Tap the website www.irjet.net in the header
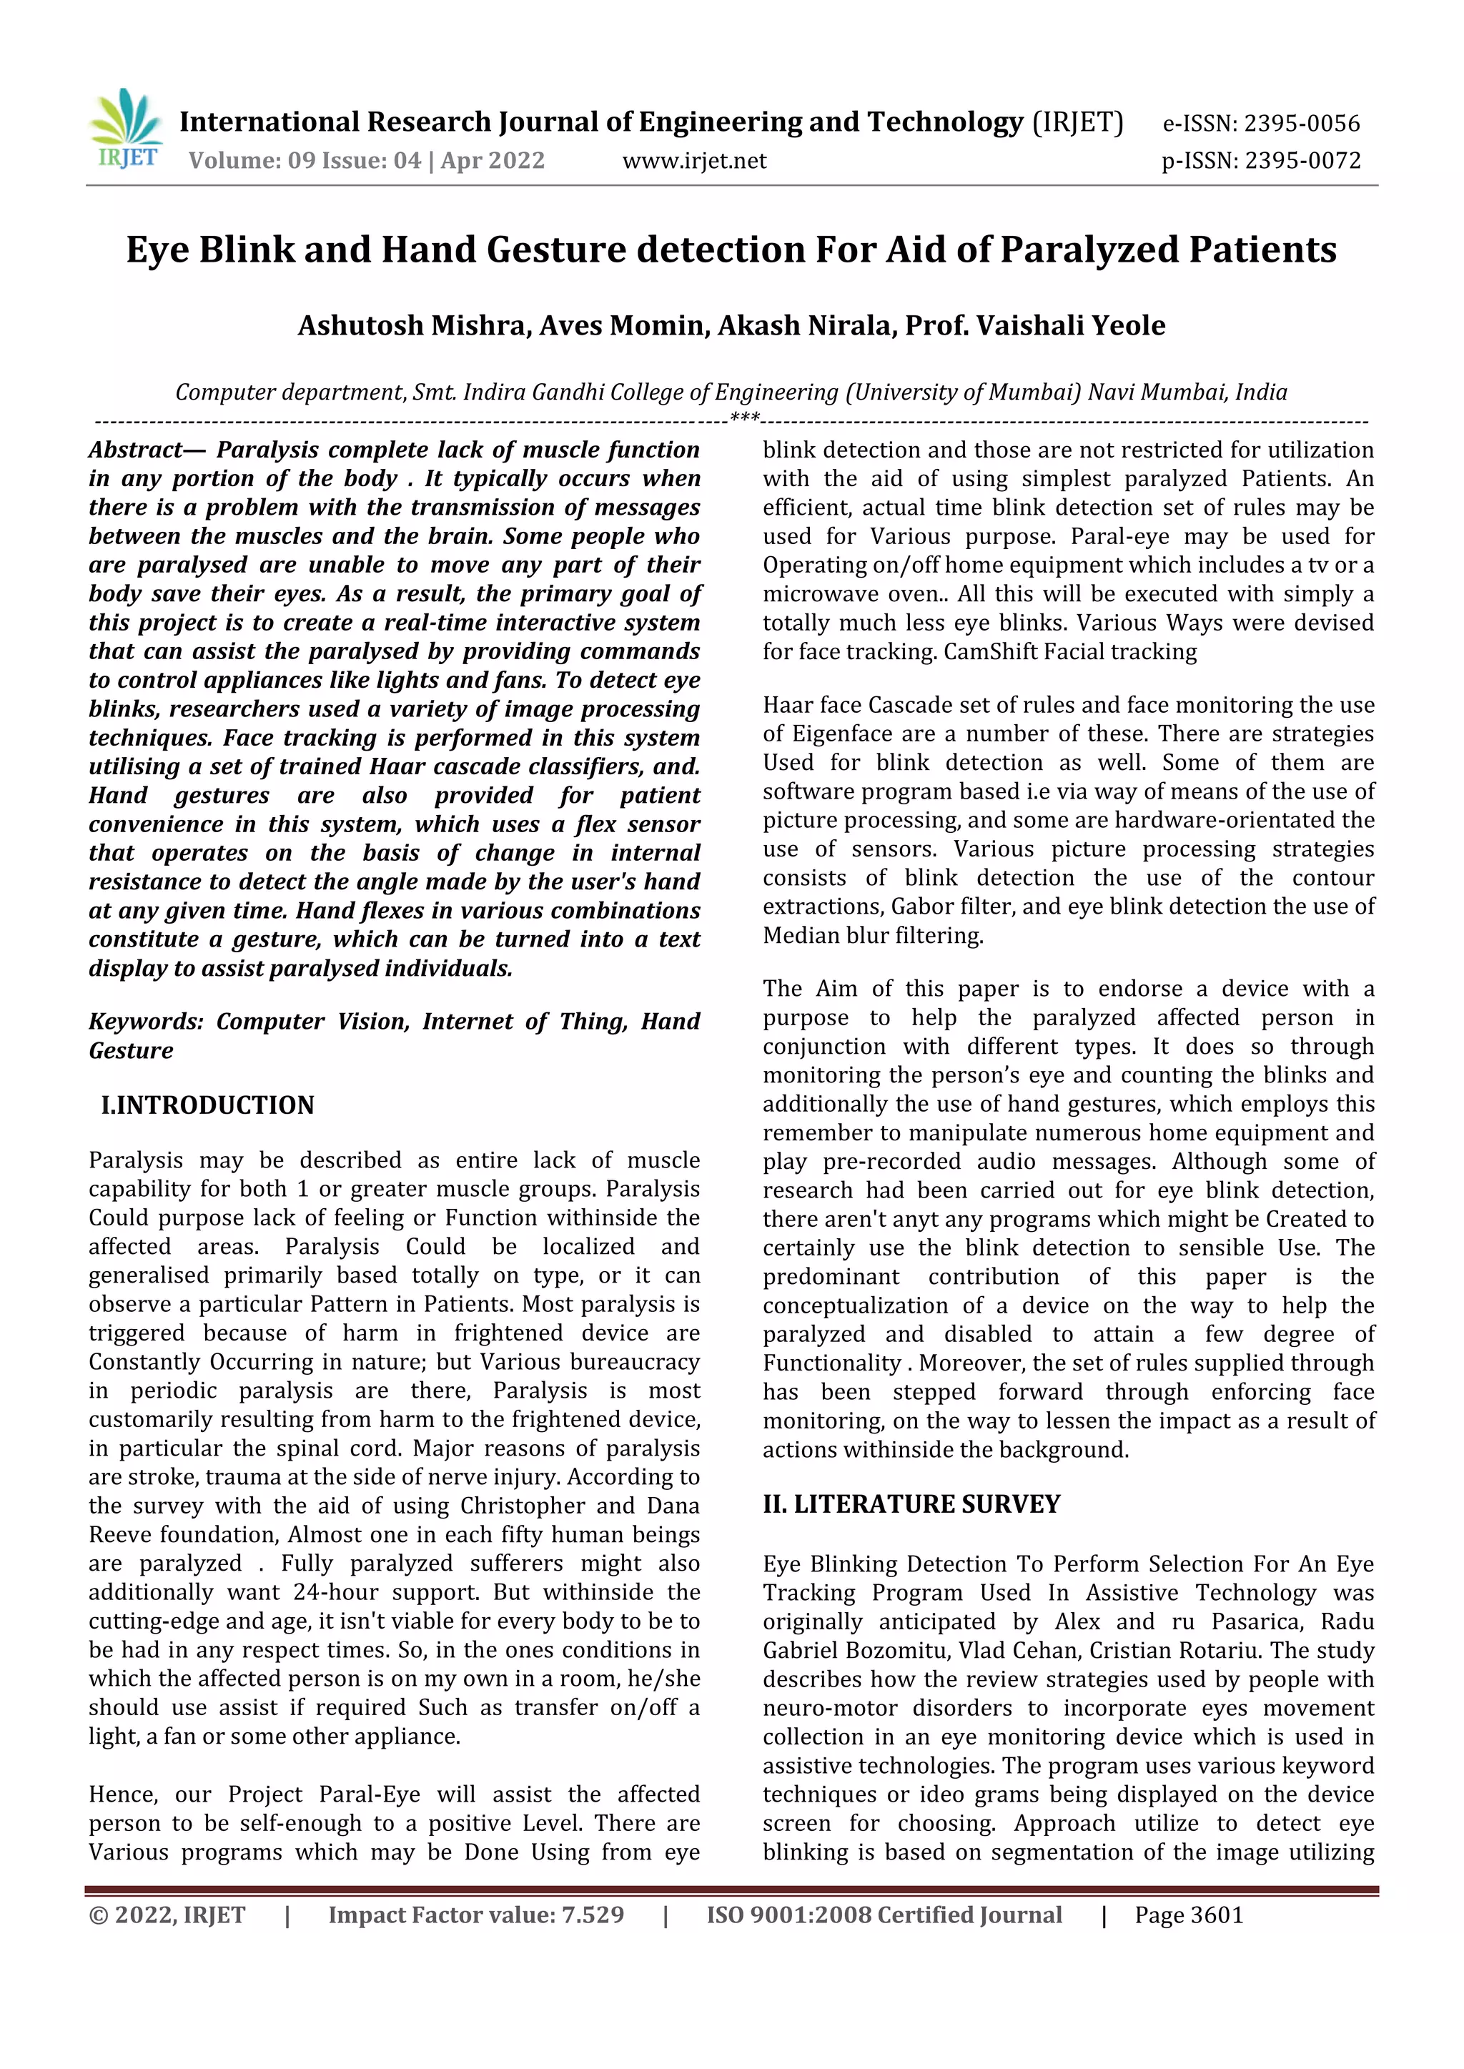click(x=694, y=160)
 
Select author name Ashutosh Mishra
click(x=413, y=325)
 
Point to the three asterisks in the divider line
click(x=745, y=418)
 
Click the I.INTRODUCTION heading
click(x=207, y=1105)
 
